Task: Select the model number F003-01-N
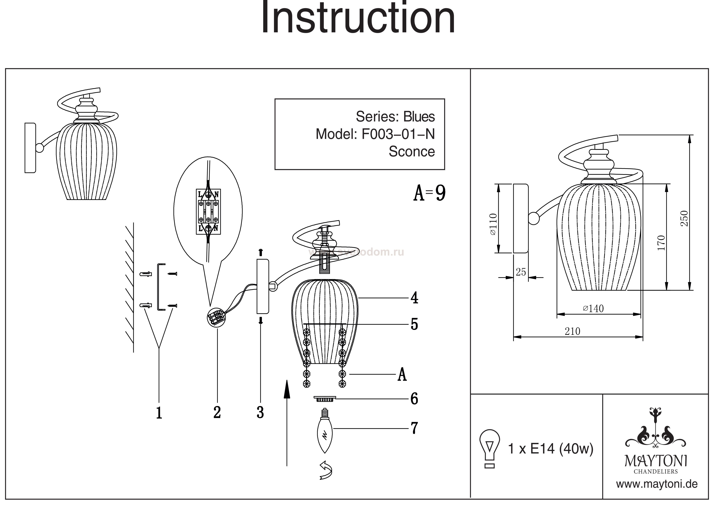tap(398, 134)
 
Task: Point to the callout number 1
tap(159, 413)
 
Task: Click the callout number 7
tap(414, 428)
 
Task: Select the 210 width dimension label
tap(573, 331)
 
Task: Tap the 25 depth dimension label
tap(521, 272)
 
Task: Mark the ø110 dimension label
tap(493, 224)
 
